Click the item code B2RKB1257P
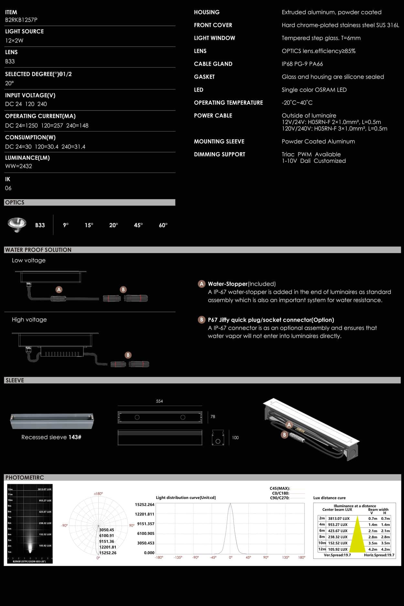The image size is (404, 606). click(21, 20)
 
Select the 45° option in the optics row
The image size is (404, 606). click(138, 225)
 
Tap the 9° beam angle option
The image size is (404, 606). click(66, 225)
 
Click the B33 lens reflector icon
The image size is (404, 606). click(17, 225)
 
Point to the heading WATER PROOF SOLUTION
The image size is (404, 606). click(38, 250)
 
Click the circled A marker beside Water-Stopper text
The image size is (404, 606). click(202, 284)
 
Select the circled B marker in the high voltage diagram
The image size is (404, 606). click(128, 355)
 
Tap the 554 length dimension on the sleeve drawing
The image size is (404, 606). click(159, 401)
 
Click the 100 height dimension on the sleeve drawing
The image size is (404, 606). click(235, 438)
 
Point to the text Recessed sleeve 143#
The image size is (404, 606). click(51, 437)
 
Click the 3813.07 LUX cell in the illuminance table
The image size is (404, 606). click(339, 518)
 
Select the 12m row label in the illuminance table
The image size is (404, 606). click(322, 549)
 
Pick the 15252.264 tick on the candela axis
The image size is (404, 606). click(144, 505)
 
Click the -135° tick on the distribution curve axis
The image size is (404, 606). click(178, 558)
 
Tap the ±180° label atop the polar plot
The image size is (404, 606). click(98, 494)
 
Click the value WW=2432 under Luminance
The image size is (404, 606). click(18, 166)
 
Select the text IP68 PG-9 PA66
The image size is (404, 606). click(302, 64)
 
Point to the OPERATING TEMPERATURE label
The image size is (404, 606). click(228, 102)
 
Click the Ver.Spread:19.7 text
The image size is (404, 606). click(337, 555)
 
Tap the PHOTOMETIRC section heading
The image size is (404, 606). click(25, 477)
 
